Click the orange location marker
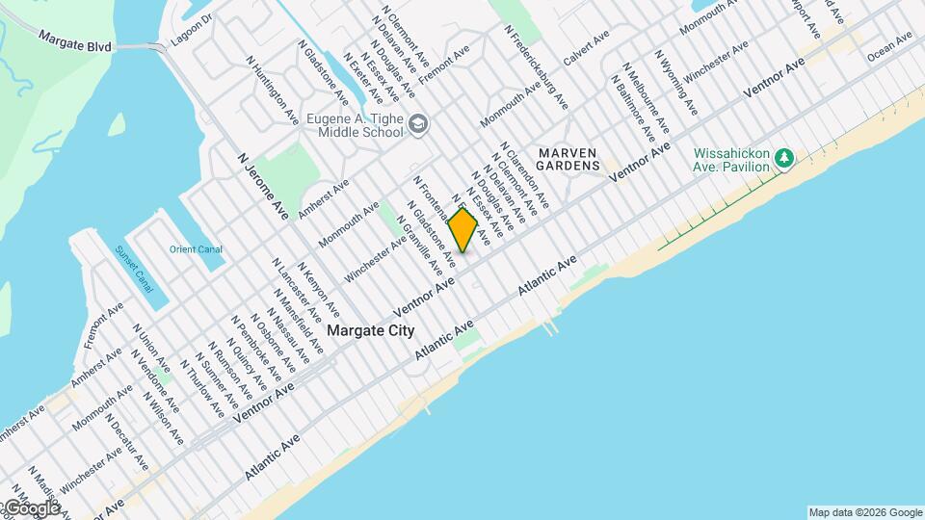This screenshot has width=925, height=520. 463,230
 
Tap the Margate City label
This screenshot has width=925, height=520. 371,330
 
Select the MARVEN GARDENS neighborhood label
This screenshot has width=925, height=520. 568,160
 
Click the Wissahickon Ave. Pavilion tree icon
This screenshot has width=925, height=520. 785,157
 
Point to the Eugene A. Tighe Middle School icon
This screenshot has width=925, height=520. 417,124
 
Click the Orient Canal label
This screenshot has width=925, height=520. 196,249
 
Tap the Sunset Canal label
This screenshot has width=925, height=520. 134,270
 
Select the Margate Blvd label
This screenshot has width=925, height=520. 75,40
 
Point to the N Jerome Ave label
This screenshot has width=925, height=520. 263,184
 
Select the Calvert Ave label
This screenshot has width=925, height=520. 587,48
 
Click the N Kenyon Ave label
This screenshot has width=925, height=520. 318,290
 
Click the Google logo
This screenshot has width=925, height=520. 32,507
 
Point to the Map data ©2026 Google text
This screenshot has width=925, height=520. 864,512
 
